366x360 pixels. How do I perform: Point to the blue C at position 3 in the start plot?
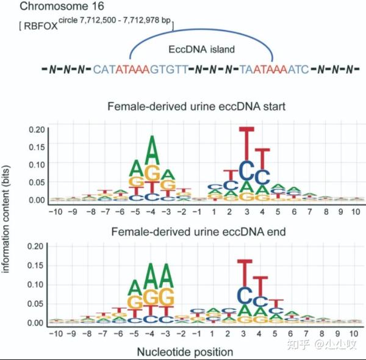(246, 168)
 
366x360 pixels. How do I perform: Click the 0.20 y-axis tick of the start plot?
(37, 129)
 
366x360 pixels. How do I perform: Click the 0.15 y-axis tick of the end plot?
(37, 265)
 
